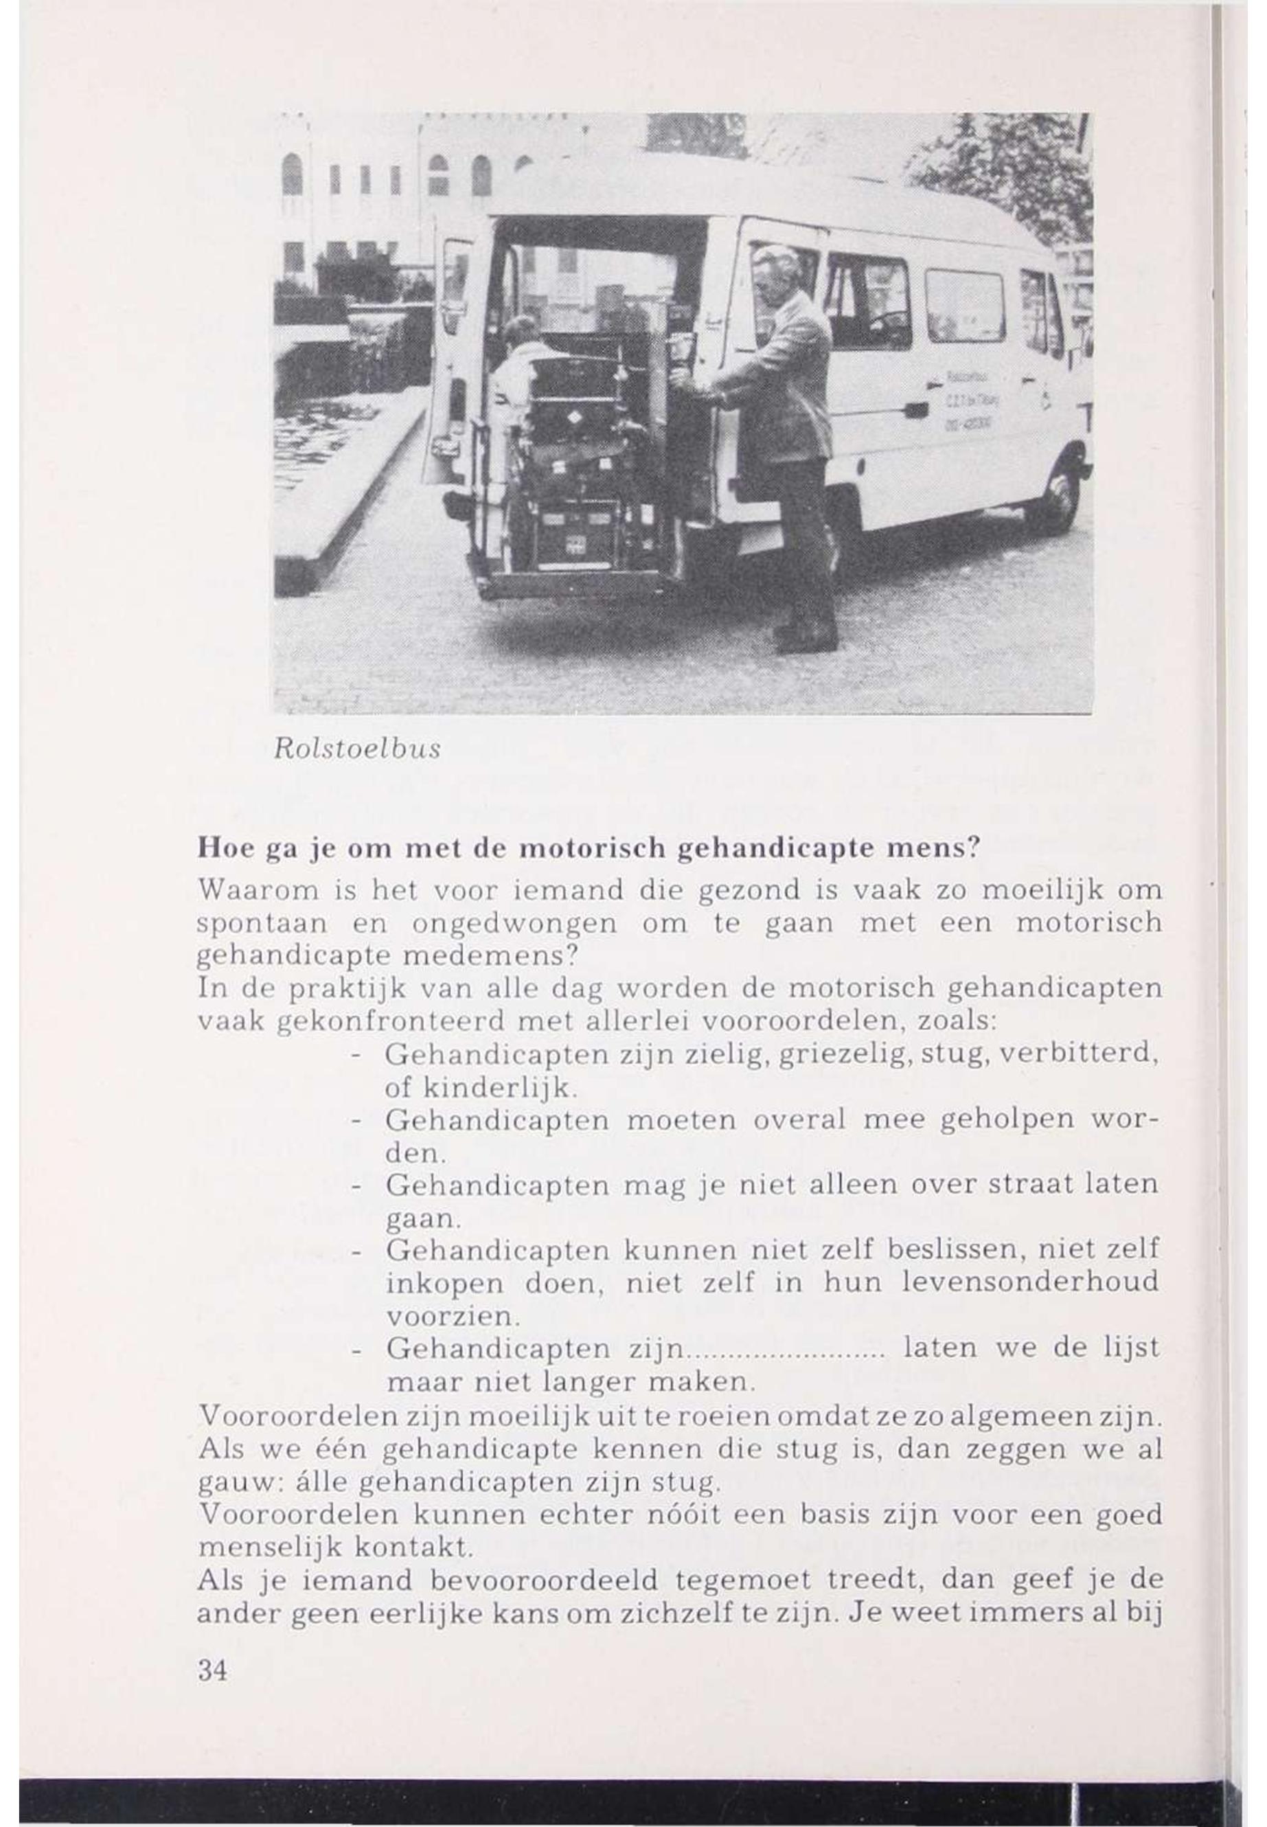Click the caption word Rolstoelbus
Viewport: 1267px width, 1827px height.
[356, 749]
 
